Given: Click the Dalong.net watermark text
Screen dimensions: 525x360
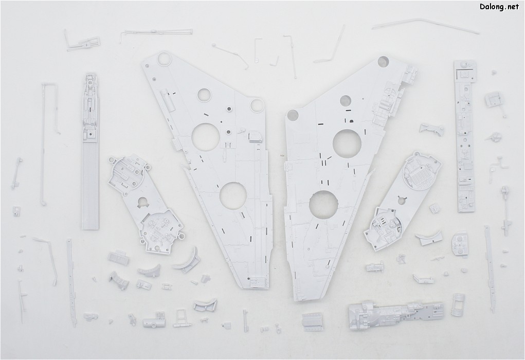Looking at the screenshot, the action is (x=499, y=7).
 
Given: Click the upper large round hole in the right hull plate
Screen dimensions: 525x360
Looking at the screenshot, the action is (x=347, y=143).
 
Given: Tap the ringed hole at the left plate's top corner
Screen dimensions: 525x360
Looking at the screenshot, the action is (x=165, y=59).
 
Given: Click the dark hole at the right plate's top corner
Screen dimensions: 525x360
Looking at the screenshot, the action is (x=384, y=62).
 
